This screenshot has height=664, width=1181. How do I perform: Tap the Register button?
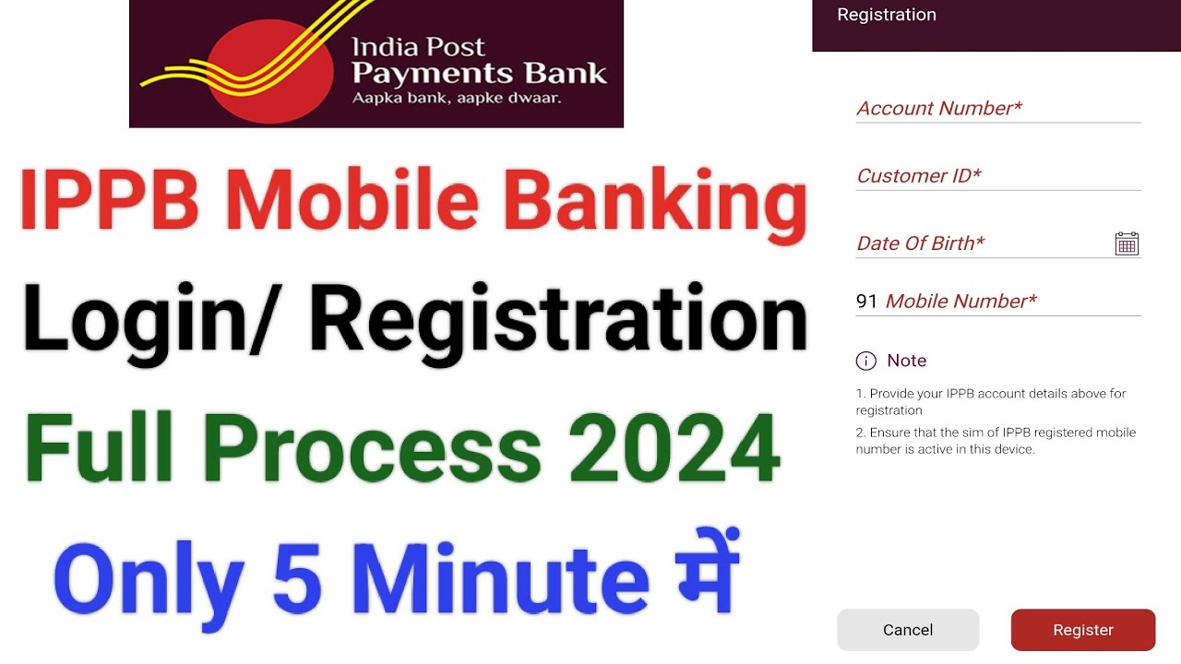point(1082,630)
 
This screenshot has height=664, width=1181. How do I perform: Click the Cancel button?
point(907,630)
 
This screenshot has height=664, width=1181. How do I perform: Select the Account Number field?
point(997,109)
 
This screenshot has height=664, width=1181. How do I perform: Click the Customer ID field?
point(997,176)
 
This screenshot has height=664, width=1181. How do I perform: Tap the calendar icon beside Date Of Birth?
point(1127,243)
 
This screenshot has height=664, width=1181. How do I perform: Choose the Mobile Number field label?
point(960,302)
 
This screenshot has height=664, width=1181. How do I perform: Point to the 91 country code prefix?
point(865,302)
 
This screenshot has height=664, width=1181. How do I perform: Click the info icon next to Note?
point(865,361)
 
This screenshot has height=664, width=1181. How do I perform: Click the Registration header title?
point(886,15)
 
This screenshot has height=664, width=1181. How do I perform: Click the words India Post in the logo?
point(419,47)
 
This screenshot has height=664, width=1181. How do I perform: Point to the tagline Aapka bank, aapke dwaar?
point(457,97)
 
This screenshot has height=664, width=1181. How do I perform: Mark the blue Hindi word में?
point(703,572)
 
